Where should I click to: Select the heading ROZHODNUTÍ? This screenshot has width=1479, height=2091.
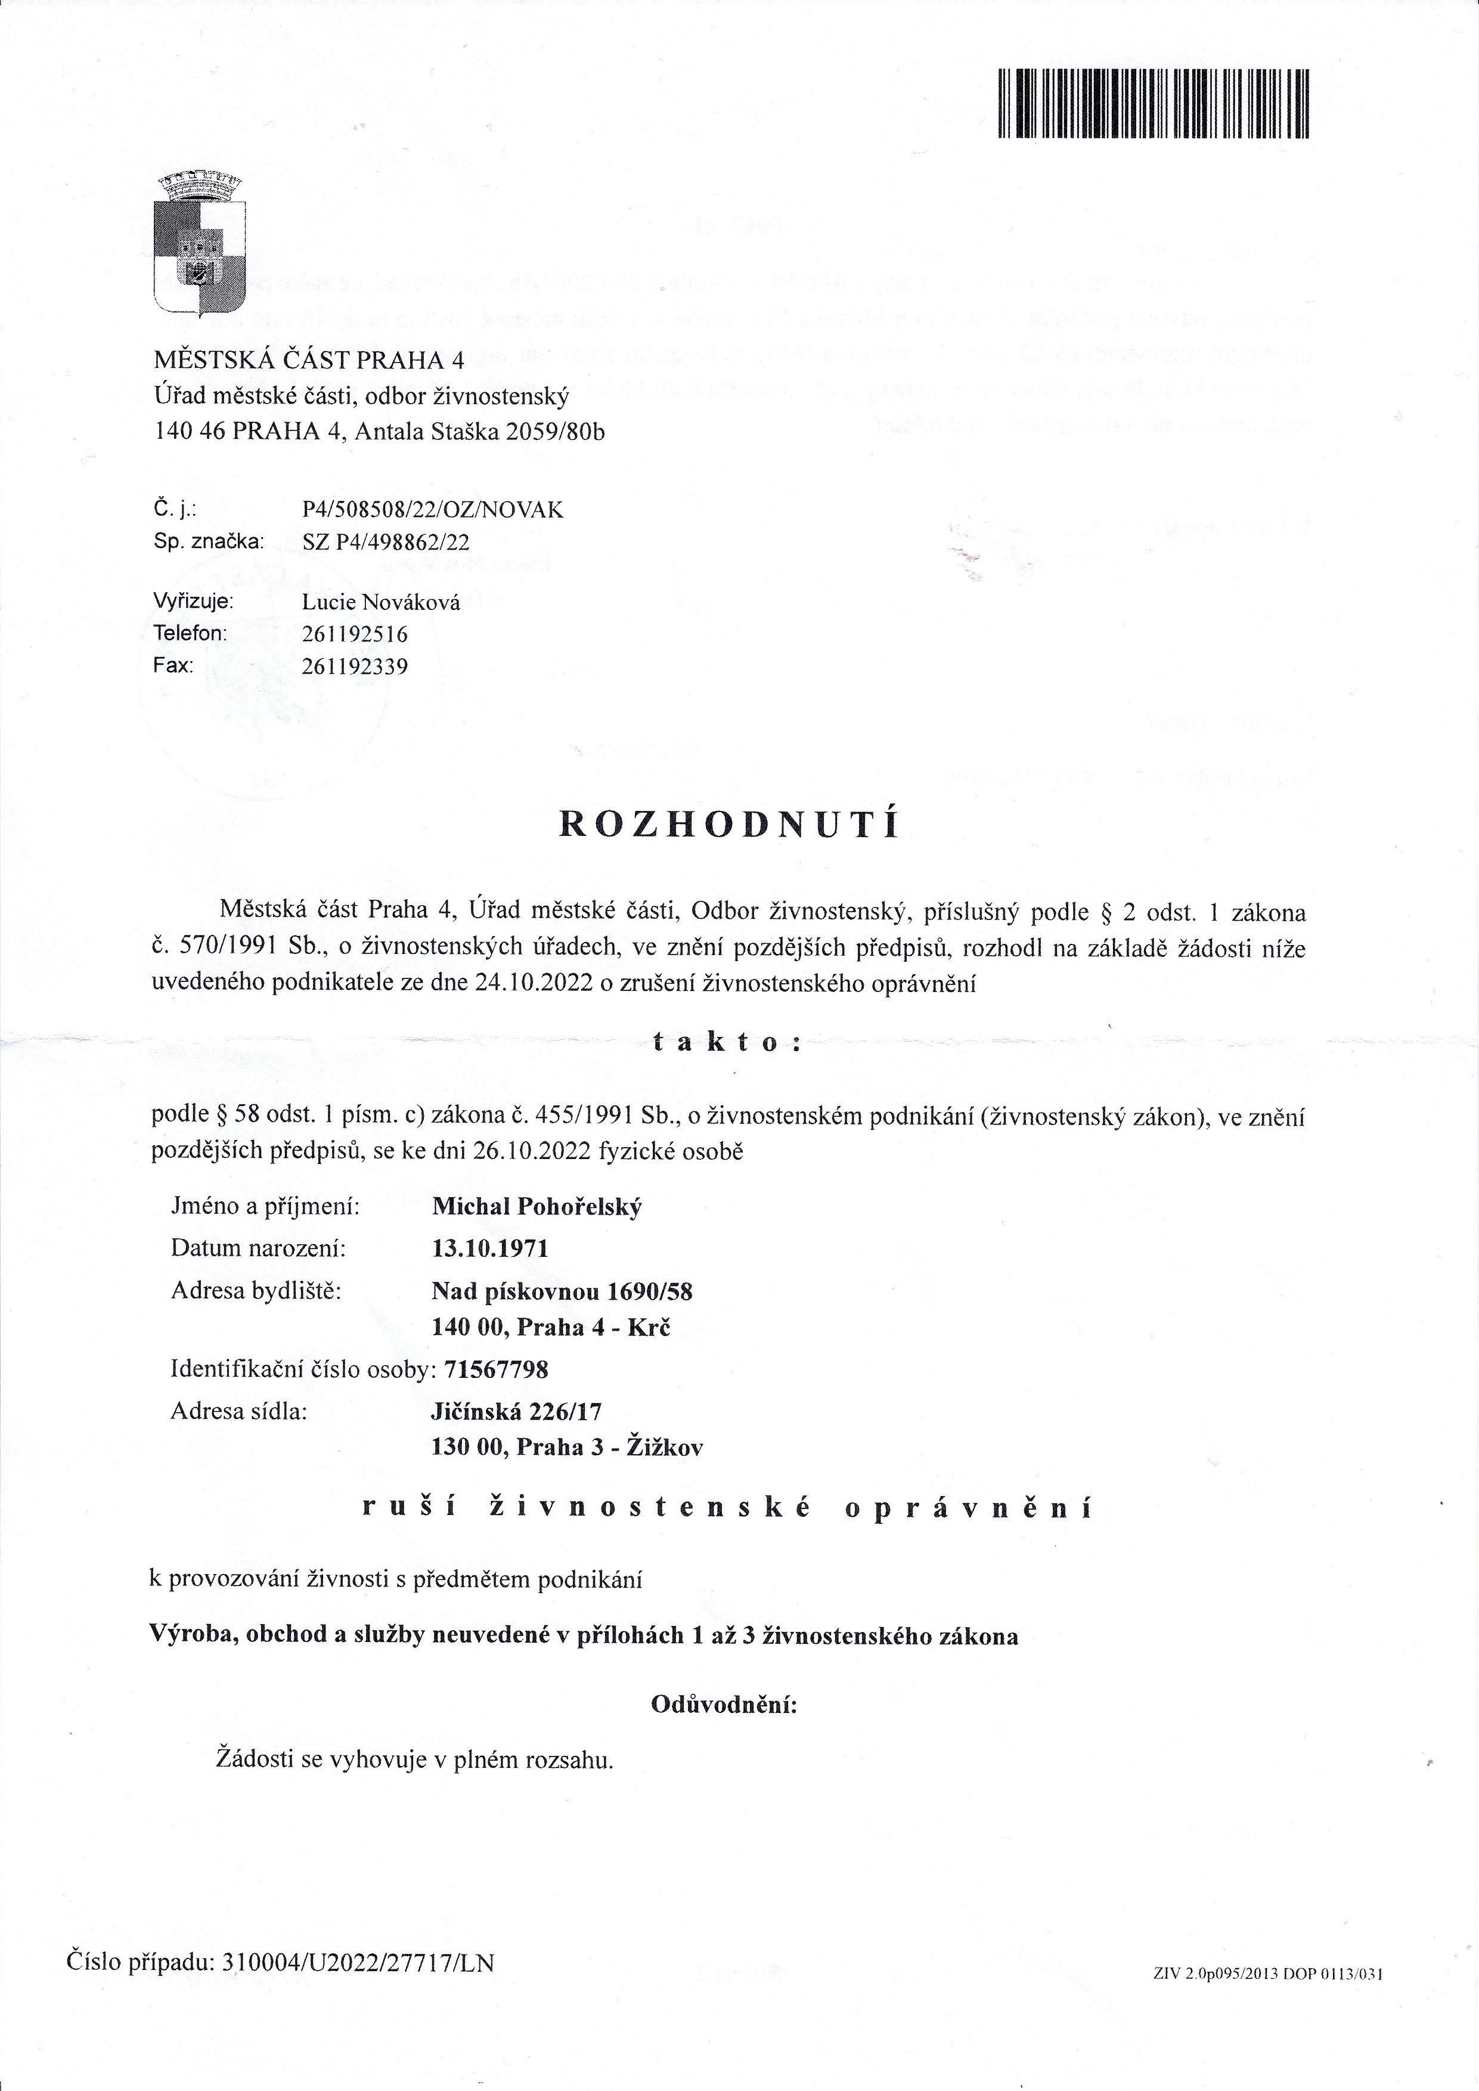tap(728, 823)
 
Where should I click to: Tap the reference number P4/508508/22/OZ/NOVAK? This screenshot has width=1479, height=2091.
tap(433, 510)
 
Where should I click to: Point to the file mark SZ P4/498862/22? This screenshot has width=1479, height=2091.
tap(386, 543)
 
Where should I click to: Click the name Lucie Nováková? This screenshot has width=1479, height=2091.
tap(381, 602)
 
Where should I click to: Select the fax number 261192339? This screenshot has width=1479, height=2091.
tap(355, 666)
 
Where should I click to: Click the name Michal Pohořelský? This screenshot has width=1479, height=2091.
tap(537, 1207)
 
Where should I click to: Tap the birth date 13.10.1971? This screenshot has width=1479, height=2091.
tap(490, 1248)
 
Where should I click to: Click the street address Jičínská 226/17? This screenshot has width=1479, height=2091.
tap(516, 1412)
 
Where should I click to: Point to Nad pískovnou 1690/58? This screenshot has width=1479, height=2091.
tap(562, 1291)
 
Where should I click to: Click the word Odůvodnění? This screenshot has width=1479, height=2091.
tap(724, 1704)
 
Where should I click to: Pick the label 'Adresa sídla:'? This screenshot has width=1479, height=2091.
tap(238, 1412)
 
